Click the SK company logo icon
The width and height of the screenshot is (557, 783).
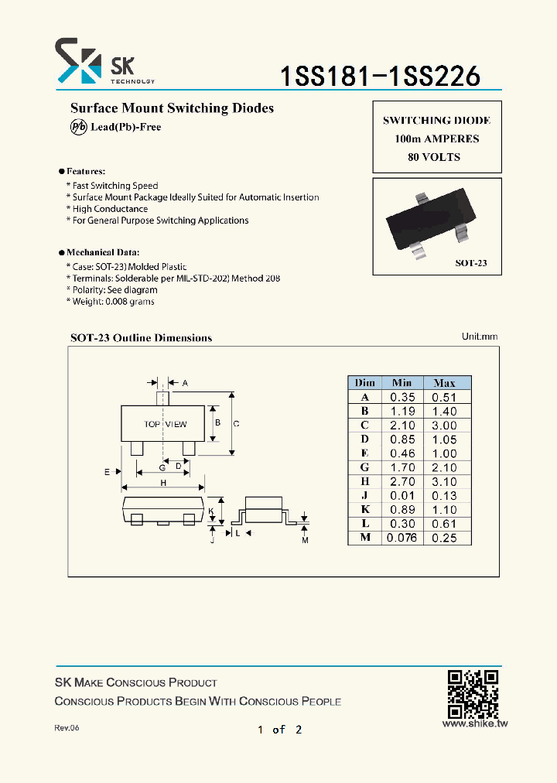coord(78,61)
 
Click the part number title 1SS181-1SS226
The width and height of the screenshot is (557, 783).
coord(380,76)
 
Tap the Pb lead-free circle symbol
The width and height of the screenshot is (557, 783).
coord(78,128)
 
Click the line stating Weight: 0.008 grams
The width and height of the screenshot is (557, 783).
coord(113,301)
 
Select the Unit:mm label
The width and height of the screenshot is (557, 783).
coord(480,337)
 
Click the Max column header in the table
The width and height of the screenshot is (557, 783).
coord(444,383)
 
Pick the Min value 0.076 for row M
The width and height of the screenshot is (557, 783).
coord(402,538)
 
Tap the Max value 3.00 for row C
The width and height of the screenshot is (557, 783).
coord(444,426)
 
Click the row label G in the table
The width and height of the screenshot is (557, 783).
coord(364,467)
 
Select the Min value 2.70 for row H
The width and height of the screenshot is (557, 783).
coord(402,481)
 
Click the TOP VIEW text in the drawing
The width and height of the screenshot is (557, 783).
coord(165,424)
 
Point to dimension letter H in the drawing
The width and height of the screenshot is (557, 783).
coord(163,483)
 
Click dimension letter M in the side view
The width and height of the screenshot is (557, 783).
coord(305,540)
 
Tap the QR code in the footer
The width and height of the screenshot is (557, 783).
coord(473,693)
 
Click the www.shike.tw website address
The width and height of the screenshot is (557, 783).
coord(473,724)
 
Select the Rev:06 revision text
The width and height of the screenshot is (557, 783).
coord(67,729)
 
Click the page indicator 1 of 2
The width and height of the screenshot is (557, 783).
coord(279,730)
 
